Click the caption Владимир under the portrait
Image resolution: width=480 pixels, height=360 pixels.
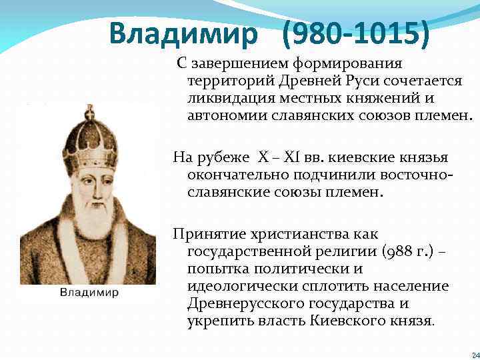point(90,292)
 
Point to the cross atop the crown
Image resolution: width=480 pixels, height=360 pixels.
point(88,110)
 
